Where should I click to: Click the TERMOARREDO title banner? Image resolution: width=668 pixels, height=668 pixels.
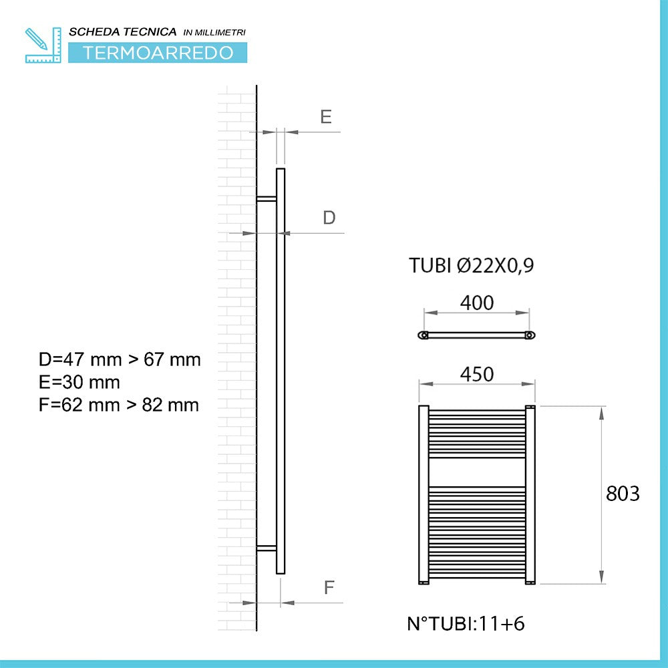pos(158,53)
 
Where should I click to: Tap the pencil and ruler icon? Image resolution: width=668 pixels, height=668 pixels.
pos(42,45)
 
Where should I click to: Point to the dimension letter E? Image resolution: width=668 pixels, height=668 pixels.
pos(325,117)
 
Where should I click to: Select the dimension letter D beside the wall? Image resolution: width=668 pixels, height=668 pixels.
pos(329,218)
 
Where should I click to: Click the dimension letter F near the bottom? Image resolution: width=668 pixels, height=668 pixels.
pos(329,588)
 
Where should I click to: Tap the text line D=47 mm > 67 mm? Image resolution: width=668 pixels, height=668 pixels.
pos(120,359)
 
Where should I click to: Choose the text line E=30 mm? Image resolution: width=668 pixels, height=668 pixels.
pos(79,382)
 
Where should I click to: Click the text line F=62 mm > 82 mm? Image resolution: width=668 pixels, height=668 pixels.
pos(119,405)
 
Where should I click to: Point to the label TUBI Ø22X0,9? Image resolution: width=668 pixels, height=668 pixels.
pos(472,267)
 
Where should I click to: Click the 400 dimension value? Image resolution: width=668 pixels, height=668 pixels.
pos(477,303)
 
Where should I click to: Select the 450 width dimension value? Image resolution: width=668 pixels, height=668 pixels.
pos(477,375)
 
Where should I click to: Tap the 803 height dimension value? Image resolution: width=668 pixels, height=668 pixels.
pos(623,494)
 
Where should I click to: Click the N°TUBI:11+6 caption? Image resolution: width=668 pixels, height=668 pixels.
pos(466,624)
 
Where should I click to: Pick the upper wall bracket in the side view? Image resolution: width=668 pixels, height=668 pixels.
pos(267,198)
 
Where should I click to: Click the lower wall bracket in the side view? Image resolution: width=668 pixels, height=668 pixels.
pos(267,548)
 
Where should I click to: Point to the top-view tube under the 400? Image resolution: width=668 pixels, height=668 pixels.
pos(476,335)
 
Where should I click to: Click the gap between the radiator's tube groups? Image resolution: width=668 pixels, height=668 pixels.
pos(477,472)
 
